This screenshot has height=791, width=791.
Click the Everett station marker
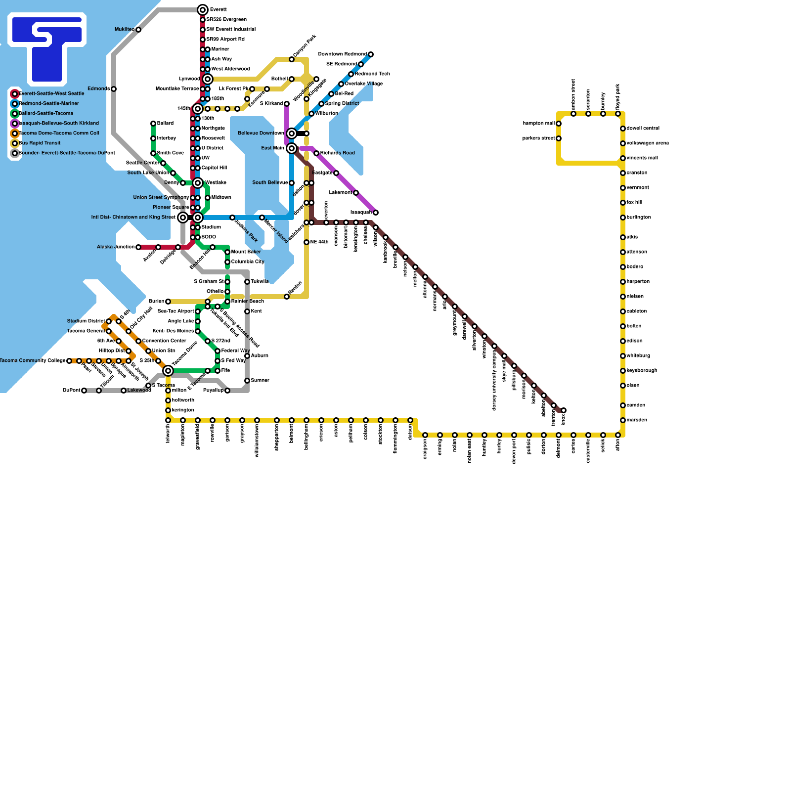[203, 10]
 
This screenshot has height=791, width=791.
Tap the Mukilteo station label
[124, 30]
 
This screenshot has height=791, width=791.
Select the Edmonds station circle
[114, 89]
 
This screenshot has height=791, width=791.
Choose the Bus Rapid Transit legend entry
[40, 143]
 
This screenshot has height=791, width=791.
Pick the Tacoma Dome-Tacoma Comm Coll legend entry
[58, 133]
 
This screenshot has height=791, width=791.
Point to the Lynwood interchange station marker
[208, 79]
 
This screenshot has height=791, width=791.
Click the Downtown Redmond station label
[342, 54]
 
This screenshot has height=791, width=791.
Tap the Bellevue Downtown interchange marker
[292, 133]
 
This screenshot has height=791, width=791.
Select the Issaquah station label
[361, 213]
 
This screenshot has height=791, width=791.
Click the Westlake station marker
[198, 183]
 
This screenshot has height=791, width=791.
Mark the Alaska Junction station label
[115, 247]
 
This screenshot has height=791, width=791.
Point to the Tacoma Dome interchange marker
[168, 371]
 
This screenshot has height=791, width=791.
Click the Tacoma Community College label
[32, 361]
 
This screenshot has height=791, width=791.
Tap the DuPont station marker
[84, 391]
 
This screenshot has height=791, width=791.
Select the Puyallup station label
[213, 391]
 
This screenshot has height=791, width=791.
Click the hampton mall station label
[538, 124]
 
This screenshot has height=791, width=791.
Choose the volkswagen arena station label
[648, 143]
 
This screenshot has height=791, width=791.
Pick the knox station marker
[564, 410]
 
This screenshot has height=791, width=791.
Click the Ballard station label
[165, 124]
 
